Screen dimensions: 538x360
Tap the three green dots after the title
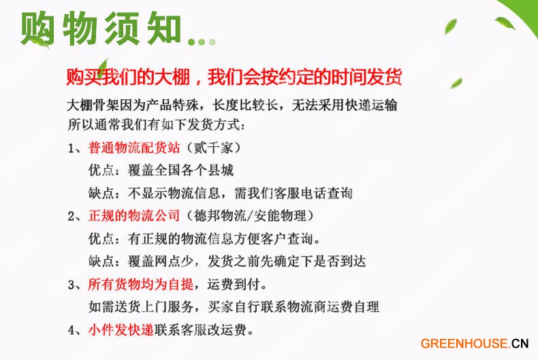pyautogui.click(x=202, y=42)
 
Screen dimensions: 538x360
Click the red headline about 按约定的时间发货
pyautogui.click(x=234, y=77)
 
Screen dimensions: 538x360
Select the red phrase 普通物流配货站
pyautogui.click(x=134, y=148)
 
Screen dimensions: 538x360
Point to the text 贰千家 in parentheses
pyautogui.click(x=212, y=148)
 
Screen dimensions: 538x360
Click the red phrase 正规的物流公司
pyautogui.click(x=134, y=216)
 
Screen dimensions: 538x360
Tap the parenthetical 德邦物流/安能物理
pyautogui.click(x=250, y=216)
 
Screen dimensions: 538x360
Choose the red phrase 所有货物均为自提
pyautogui.click(x=141, y=284)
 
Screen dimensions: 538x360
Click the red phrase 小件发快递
pyautogui.click(x=121, y=330)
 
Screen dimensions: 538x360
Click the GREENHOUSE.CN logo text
pyautogui.click(x=475, y=343)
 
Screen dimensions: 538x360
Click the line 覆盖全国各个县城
pyautogui.click(x=181, y=170)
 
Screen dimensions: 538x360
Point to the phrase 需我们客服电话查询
pyautogui.click(x=294, y=193)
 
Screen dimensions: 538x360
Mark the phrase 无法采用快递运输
pyautogui.click(x=345, y=105)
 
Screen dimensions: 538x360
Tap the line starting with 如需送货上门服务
pyautogui.click(x=234, y=307)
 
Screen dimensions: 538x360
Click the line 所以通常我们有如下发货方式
pyautogui.click(x=157, y=125)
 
